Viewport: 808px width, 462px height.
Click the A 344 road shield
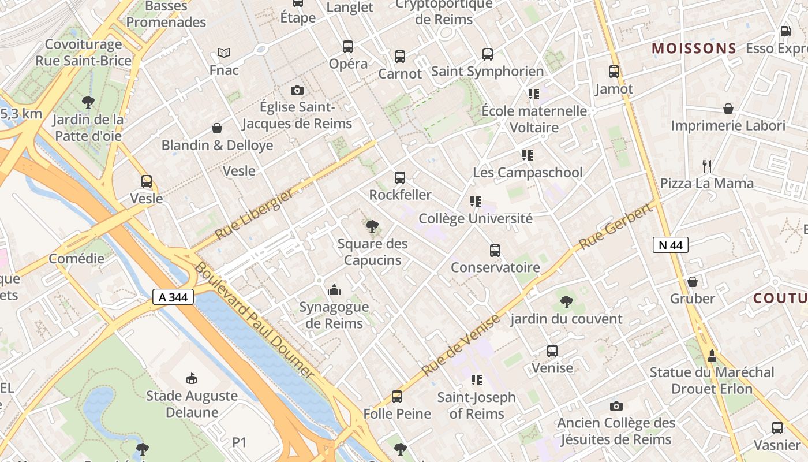pyautogui.click(x=173, y=297)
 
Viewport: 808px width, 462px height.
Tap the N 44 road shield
pyautogui.click(x=670, y=245)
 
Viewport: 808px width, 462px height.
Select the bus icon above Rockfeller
pyautogui.click(x=399, y=178)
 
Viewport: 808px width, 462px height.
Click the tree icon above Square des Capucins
pyautogui.click(x=372, y=227)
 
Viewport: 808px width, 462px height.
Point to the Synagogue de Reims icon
pyautogui.click(x=334, y=290)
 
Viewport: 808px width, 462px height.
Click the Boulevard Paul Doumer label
pyautogui.click(x=255, y=321)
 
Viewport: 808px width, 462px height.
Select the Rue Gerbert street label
pyautogui.click(x=615, y=227)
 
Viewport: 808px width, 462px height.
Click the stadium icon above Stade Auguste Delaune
pyautogui.click(x=192, y=379)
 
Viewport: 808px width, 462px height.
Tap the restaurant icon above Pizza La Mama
pyautogui.click(x=706, y=166)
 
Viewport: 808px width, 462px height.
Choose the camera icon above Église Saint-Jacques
pyautogui.click(x=297, y=90)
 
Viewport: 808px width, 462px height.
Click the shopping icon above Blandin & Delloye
pyautogui.click(x=217, y=128)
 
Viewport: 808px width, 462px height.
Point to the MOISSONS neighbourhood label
pyautogui.click(x=694, y=49)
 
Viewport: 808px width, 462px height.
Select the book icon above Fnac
pyautogui.click(x=224, y=53)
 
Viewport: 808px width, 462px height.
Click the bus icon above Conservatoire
pyautogui.click(x=495, y=251)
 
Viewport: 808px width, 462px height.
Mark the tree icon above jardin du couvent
pyautogui.click(x=566, y=301)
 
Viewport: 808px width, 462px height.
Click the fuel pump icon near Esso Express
pyautogui.click(x=785, y=31)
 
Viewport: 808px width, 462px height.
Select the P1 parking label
pyautogui.click(x=240, y=442)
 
